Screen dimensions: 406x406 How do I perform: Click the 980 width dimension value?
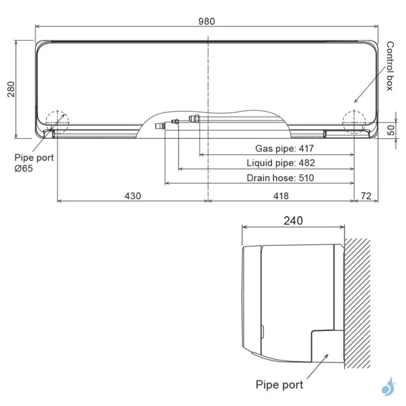(x=206, y=21)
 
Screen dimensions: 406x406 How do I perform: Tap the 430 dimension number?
(x=132, y=196)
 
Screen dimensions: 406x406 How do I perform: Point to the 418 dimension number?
(x=280, y=196)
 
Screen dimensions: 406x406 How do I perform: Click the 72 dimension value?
(x=367, y=196)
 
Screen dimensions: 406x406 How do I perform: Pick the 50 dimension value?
(x=391, y=131)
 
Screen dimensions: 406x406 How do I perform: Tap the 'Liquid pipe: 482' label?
(x=281, y=162)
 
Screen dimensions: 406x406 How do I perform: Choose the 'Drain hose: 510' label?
(x=280, y=178)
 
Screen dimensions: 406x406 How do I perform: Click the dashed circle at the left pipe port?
(x=57, y=120)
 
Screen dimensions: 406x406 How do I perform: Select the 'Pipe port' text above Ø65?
(x=34, y=157)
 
